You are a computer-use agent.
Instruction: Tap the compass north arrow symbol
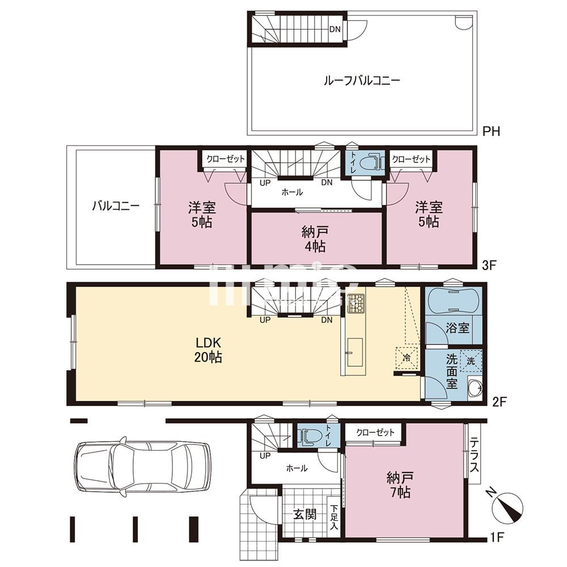508,506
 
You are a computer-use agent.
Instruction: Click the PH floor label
490,132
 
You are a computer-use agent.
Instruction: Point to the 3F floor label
489,265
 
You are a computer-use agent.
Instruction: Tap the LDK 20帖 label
208,350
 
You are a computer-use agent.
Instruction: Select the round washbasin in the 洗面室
475,390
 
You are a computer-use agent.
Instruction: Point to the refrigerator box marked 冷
407,357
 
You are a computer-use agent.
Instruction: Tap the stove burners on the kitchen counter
356,304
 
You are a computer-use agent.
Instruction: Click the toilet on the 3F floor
369,162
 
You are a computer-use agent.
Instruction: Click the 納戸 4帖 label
317,239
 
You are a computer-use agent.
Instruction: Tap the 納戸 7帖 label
400,484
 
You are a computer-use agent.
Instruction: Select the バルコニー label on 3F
116,206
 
